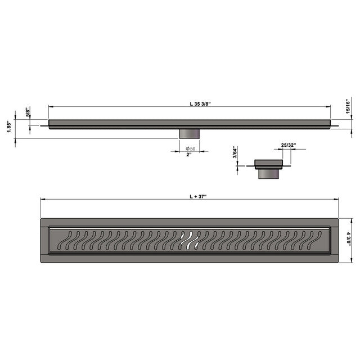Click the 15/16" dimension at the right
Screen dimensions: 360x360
point(348,106)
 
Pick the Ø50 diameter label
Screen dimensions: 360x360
point(190,148)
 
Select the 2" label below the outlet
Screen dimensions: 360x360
point(189,155)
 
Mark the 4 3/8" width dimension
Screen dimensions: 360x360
point(348,241)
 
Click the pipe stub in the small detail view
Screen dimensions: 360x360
point(268,174)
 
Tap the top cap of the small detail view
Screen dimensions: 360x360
point(268,164)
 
